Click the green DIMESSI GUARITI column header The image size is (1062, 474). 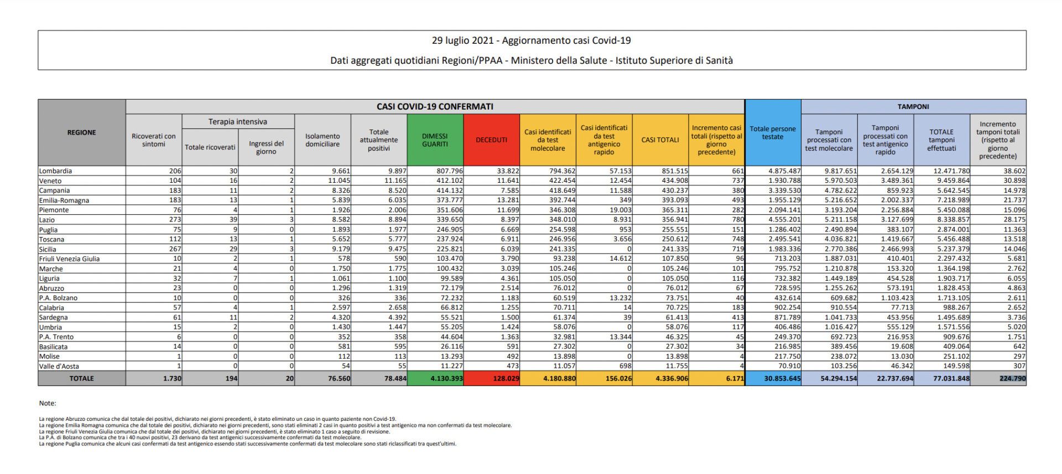point(435,140)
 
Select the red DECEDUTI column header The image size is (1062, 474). point(491,140)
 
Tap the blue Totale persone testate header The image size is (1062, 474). point(773,133)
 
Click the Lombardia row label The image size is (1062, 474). point(55,171)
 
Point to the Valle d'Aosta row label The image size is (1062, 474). point(59,366)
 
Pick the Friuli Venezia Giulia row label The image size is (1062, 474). point(69,259)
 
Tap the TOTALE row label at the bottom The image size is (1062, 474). point(81,379)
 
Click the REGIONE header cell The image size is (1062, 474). point(81,133)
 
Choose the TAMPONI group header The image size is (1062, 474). point(913,106)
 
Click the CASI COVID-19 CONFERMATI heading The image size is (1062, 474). point(435,106)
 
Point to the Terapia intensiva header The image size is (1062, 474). point(238,122)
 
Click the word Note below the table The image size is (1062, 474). point(48,403)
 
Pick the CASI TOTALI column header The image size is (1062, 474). point(660,140)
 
